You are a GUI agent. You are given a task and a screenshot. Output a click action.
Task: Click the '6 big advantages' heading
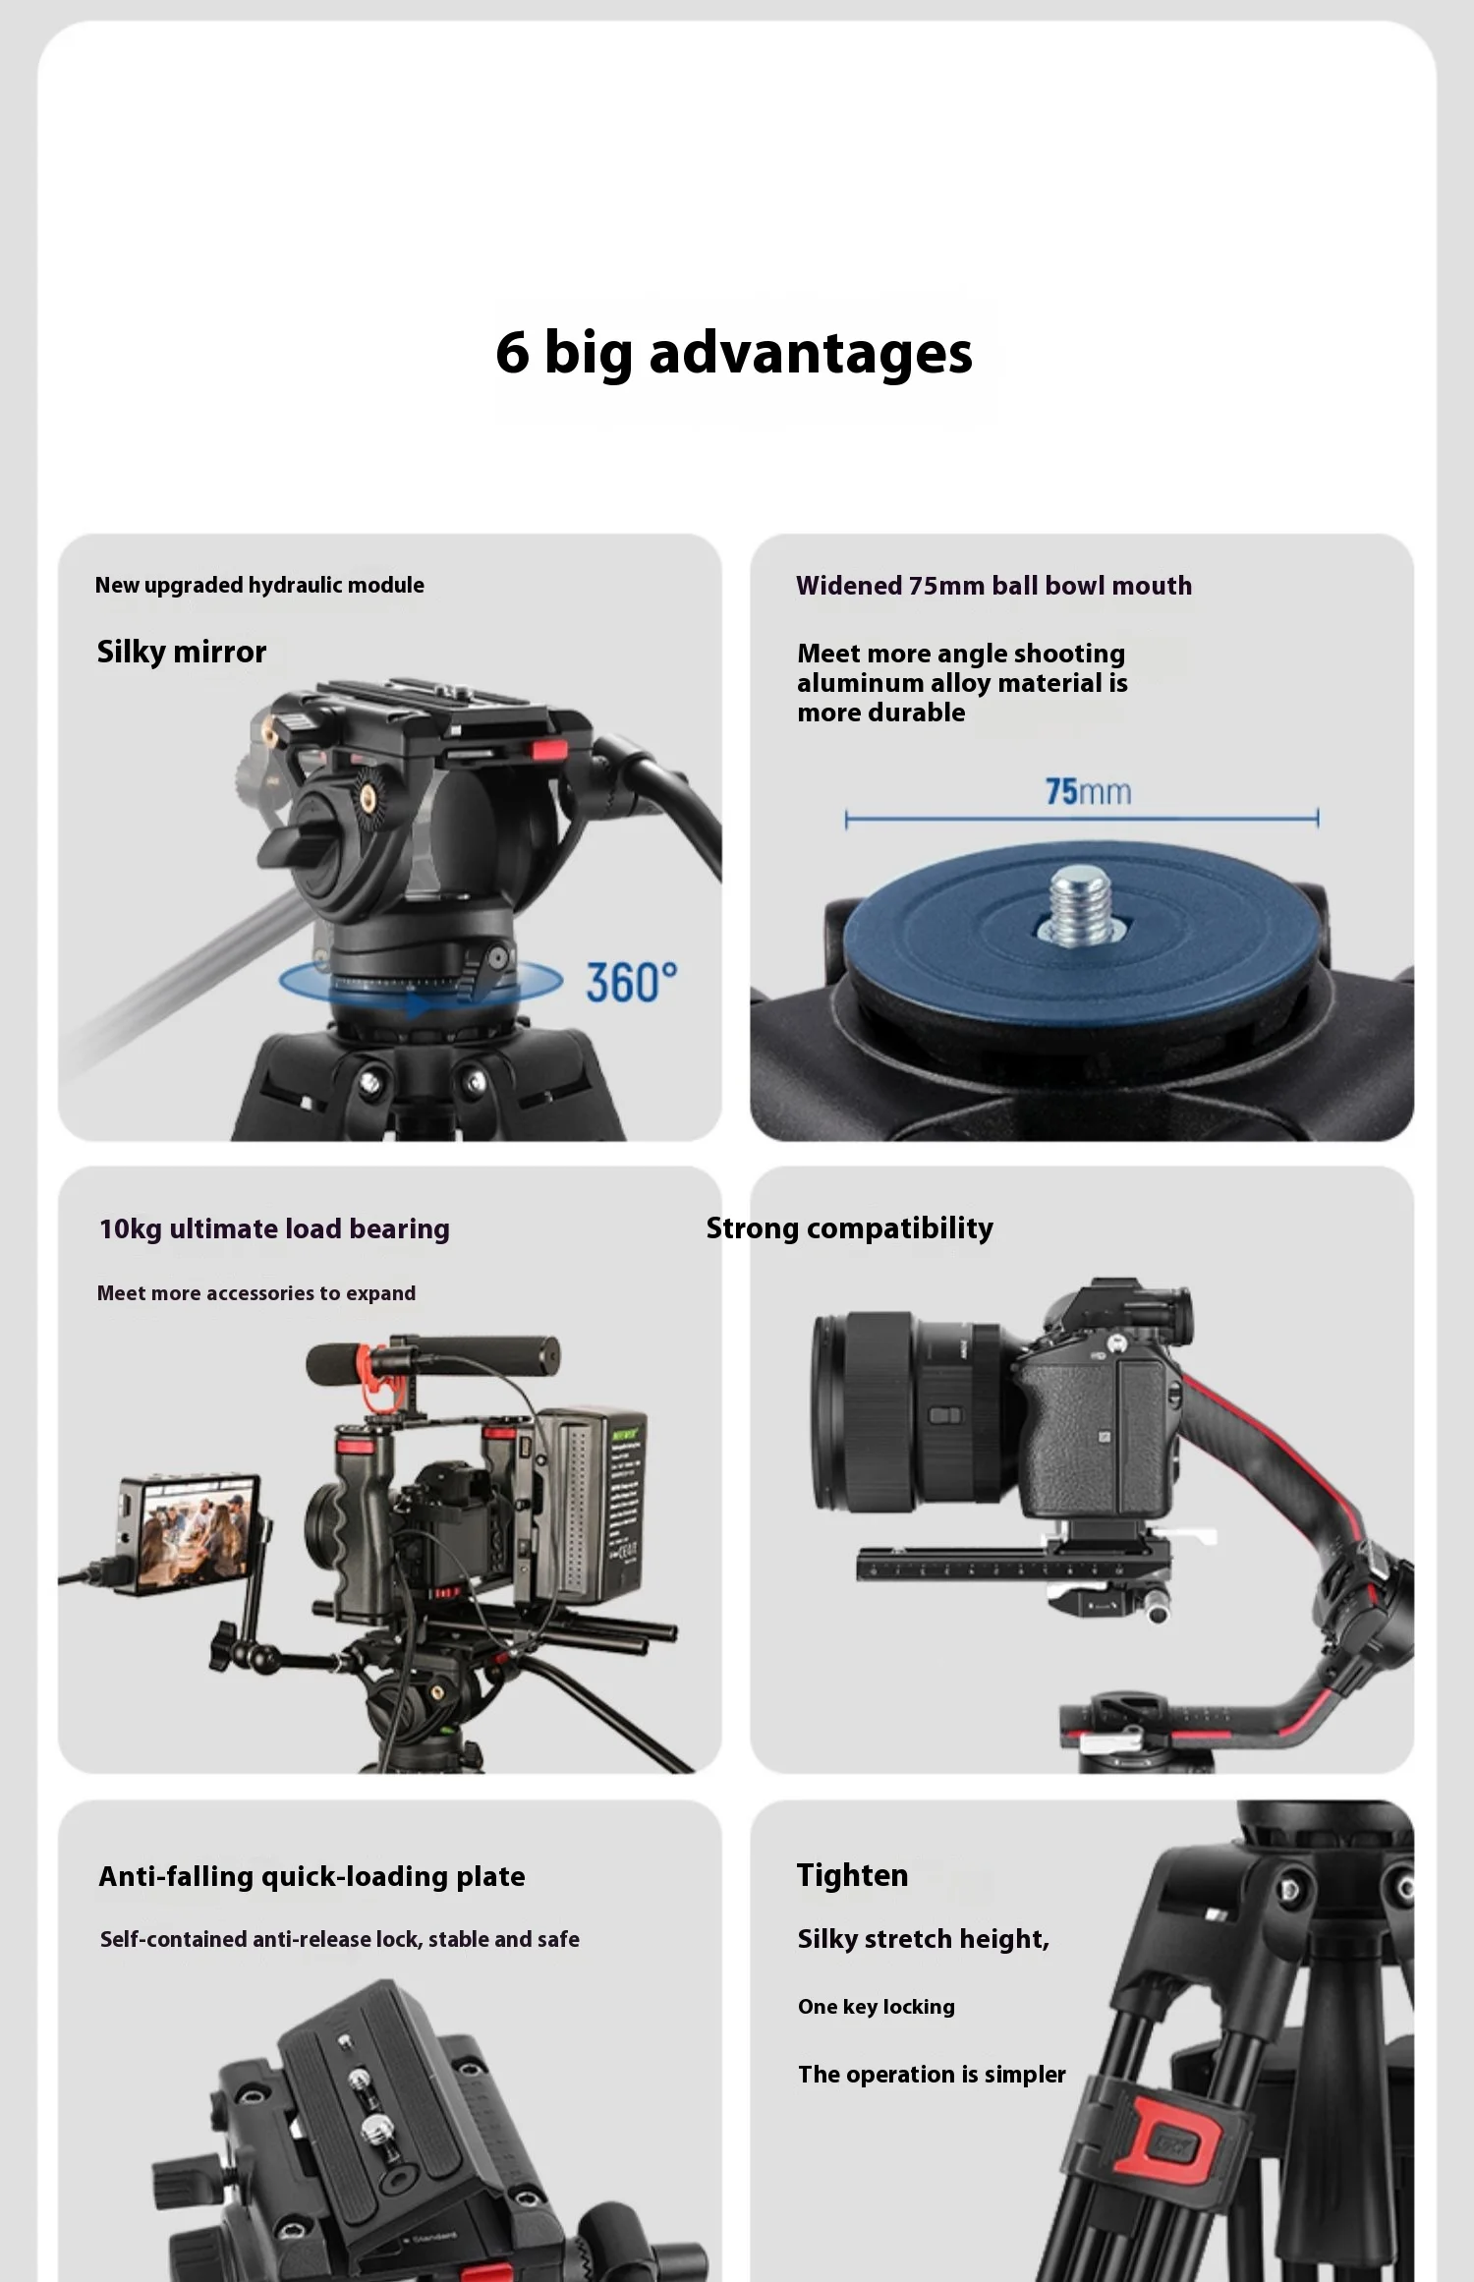(x=734, y=353)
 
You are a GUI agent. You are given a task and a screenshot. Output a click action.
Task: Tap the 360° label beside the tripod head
(x=632, y=983)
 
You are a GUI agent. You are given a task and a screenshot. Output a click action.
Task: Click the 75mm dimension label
(x=1088, y=791)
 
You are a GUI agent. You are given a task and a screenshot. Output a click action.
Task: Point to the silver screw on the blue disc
(x=1080, y=905)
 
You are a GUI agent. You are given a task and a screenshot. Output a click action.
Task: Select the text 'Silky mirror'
(x=182, y=653)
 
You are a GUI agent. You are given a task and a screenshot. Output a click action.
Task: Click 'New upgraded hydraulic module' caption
(x=259, y=585)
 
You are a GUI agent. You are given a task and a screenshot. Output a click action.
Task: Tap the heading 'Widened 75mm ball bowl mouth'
(x=993, y=586)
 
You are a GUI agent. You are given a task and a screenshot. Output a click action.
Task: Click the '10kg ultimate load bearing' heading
(x=274, y=1229)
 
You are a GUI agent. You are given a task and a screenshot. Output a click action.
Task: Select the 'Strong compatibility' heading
(x=849, y=1228)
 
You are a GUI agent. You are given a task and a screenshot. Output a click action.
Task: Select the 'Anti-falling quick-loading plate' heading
(x=312, y=1877)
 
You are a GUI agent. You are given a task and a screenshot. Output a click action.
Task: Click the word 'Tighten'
(x=852, y=1875)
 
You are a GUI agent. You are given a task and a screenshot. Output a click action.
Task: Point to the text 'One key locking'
(x=876, y=2007)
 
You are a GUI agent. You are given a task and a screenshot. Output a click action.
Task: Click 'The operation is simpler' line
(x=932, y=2075)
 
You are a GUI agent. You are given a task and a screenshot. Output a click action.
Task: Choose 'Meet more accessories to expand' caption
(x=255, y=1293)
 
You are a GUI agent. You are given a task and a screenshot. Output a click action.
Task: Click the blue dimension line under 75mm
(x=1082, y=818)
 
